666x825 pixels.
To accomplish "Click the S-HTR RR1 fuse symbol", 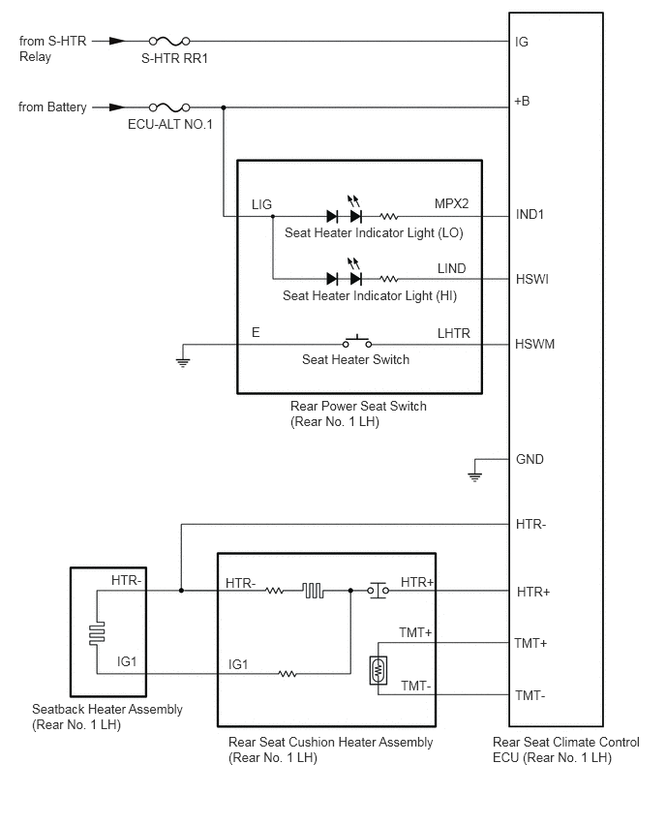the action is pos(169,41).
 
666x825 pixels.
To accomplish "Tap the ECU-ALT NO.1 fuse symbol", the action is pos(169,107).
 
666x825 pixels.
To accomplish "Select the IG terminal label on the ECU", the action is pos(522,42).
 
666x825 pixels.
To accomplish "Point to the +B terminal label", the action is pos(522,101).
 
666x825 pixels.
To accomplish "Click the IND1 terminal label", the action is pos(530,214).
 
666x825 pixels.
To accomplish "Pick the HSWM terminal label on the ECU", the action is pos(534,344).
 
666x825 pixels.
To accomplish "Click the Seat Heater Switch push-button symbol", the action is pos(357,341).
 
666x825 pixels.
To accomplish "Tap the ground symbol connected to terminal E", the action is pos(183,362).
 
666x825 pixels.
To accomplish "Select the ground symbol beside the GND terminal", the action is pos(474,476).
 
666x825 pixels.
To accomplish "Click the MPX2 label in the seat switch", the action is pos(451,203).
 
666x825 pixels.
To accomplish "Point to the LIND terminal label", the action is pos(451,268).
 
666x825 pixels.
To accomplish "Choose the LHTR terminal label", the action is pos(453,333).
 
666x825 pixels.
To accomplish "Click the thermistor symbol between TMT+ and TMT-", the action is pos(378,670).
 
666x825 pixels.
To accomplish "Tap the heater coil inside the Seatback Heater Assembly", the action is pos(98,632).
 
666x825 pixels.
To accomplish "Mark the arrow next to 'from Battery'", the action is pos(117,107).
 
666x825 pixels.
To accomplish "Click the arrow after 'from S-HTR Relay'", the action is pos(117,41).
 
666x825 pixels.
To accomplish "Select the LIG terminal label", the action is pos(261,204).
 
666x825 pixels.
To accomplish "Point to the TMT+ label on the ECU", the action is pos(530,643).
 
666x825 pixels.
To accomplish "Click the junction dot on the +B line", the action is pos(224,107).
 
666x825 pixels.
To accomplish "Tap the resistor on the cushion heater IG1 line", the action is pos(288,674).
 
